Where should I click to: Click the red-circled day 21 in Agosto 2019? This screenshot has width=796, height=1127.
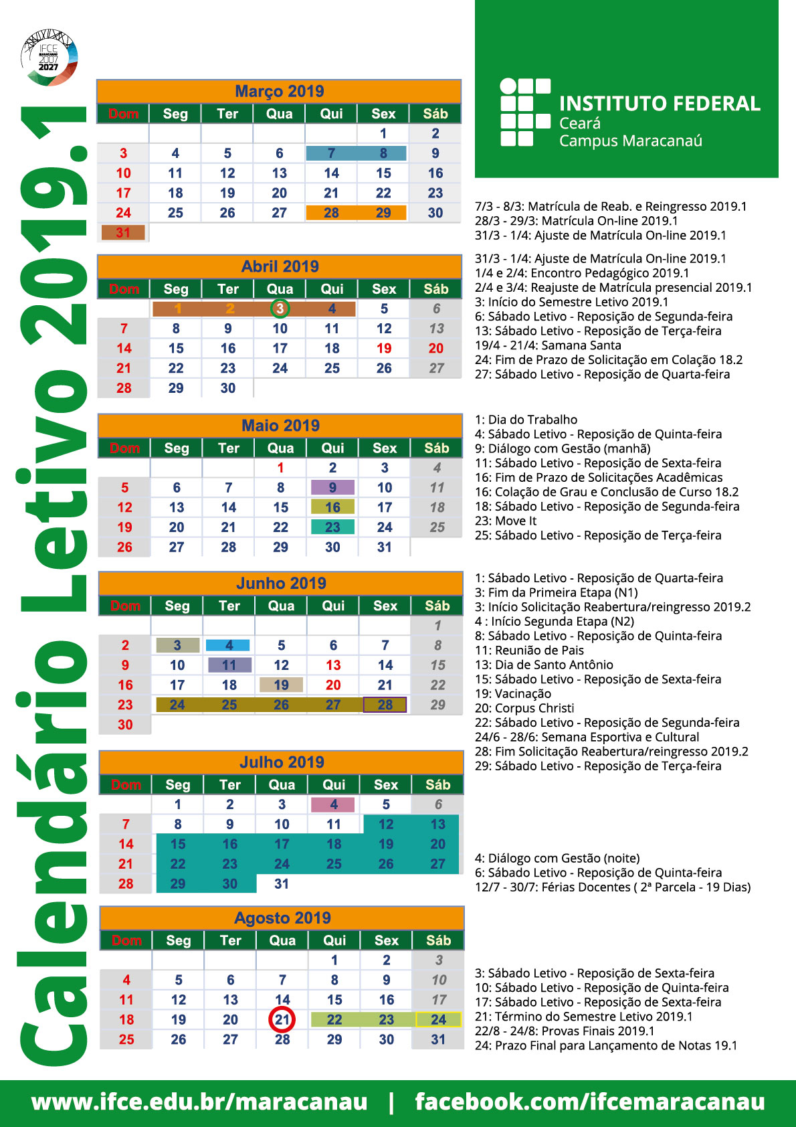click(282, 1019)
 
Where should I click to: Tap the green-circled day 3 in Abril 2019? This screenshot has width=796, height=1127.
click(280, 309)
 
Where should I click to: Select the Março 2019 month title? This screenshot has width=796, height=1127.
click(279, 91)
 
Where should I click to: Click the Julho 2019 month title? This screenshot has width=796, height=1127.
click(282, 762)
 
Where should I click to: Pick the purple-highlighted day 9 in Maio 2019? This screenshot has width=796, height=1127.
click(332, 487)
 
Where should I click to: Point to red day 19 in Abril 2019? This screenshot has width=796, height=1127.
click(384, 348)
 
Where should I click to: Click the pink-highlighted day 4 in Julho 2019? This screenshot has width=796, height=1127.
click(334, 804)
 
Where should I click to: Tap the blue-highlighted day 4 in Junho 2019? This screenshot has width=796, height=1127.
click(229, 645)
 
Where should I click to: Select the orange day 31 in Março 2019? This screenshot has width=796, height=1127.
click(123, 232)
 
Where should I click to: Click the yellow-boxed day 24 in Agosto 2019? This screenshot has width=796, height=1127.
click(438, 1019)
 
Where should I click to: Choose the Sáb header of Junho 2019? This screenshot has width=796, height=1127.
click(437, 606)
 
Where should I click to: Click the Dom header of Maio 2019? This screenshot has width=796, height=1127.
click(125, 448)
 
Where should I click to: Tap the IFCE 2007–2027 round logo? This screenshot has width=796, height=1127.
click(49, 57)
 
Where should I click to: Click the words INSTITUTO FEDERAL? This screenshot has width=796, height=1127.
click(660, 104)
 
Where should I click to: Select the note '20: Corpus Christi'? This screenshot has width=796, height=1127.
click(524, 708)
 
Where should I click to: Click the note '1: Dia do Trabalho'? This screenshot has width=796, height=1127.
click(526, 420)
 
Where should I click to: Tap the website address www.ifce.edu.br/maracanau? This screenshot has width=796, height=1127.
click(199, 1101)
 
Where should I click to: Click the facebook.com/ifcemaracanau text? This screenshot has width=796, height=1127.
click(589, 1101)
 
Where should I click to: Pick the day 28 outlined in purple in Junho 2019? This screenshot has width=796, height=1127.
click(385, 705)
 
